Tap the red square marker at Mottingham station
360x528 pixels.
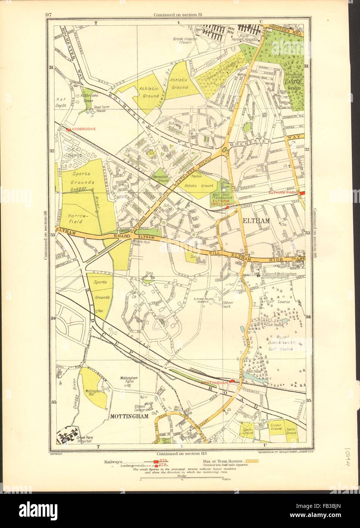232,381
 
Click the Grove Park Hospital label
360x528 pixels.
84,439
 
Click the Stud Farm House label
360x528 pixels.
95,108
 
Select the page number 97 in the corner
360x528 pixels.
48,15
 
